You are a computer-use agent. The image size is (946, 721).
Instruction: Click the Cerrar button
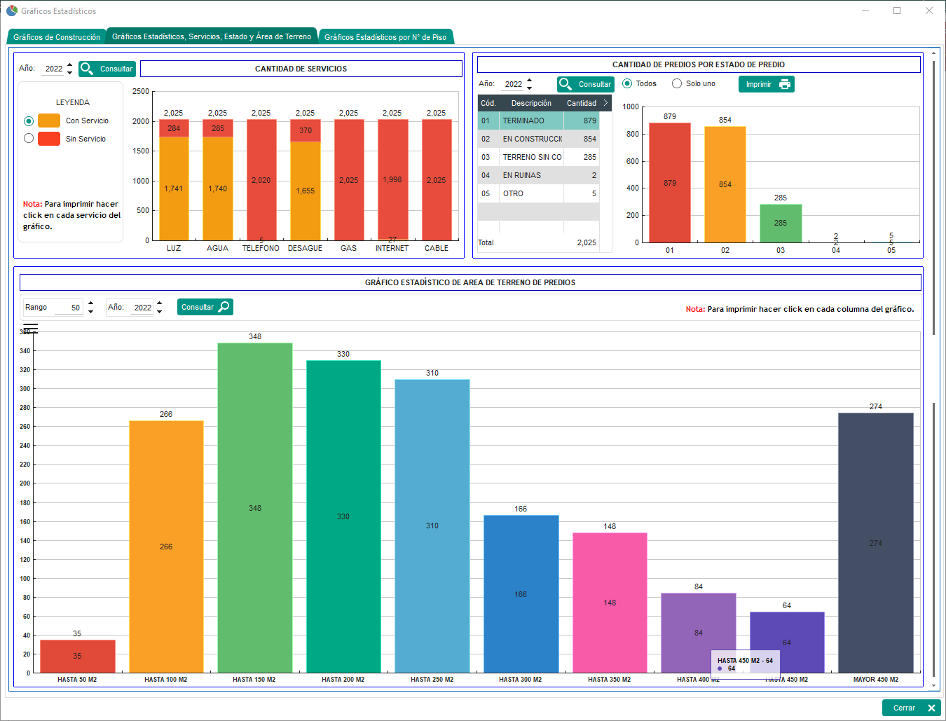pyautogui.click(x=911, y=708)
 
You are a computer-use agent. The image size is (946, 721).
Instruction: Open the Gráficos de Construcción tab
pyautogui.click(x=56, y=37)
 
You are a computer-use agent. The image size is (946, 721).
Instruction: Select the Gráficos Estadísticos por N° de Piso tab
pyautogui.click(x=385, y=37)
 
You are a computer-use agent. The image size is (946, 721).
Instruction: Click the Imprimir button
pyautogui.click(x=766, y=84)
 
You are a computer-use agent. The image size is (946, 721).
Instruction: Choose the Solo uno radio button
pyautogui.click(x=677, y=83)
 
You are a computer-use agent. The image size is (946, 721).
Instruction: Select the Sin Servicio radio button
pyautogui.click(x=29, y=139)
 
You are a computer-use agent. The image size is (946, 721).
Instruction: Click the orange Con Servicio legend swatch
pyautogui.click(x=49, y=121)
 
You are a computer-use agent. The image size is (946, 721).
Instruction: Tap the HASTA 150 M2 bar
pyautogui.click(x=254, y=508)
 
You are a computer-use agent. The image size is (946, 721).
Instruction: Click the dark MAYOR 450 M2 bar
pyautogui.click(x=875, y=543)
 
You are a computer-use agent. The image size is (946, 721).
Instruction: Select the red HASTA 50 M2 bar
pyautogui.click(x=77, y=657)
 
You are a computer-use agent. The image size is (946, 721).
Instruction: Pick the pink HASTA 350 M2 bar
pyautogui.click(x=610, y=603)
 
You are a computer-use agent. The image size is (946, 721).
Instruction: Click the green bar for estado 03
pyautogui.click(x=781, y=224)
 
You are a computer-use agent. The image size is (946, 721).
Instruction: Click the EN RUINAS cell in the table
pyautogui.click(x=522, y=175)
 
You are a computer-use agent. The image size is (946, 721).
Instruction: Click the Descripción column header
pyautogui.click(x=531, y=103)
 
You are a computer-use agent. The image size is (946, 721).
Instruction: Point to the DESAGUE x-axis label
pyautogui.click(x=305, y=248)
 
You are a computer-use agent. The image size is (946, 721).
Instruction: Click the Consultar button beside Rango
pyautogui.click(x=205, y=307)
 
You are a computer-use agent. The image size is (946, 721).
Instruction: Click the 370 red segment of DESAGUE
pyautogui.click(x=306, y=130)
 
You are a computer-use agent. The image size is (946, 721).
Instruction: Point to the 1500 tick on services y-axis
pyautogui.click(x=141, y=151)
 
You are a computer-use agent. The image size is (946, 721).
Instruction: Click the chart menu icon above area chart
pyautogui.click(x=30, y=328)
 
